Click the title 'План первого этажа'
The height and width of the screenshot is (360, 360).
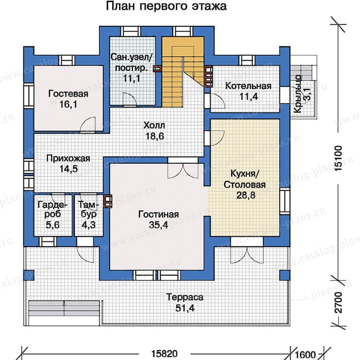click(166, 7)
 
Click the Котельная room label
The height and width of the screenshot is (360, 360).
click(248, 86)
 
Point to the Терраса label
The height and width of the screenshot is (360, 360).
click(185, 298)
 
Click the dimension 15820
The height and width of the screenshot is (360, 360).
click(164, 354)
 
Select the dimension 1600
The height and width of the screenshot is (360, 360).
click(306, 354)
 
